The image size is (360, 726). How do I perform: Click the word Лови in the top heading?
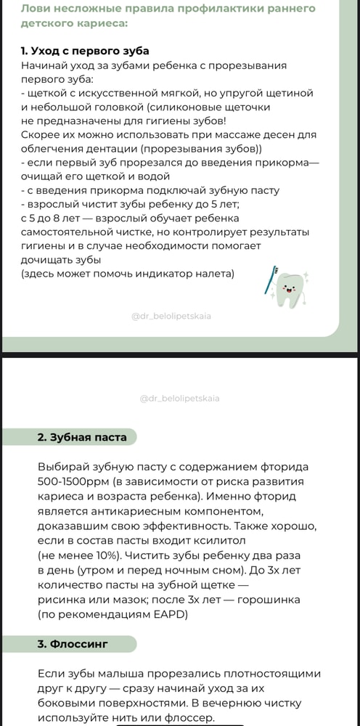coord(36,9)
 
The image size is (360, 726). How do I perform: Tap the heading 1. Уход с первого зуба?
coord(86,51)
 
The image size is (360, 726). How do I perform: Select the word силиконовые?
coord(194,107)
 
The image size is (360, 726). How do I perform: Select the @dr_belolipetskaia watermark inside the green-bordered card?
coord(172,317)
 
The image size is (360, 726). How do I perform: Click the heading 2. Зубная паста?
coord(81,437)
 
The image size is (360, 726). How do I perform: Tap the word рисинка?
coord(64,599)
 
